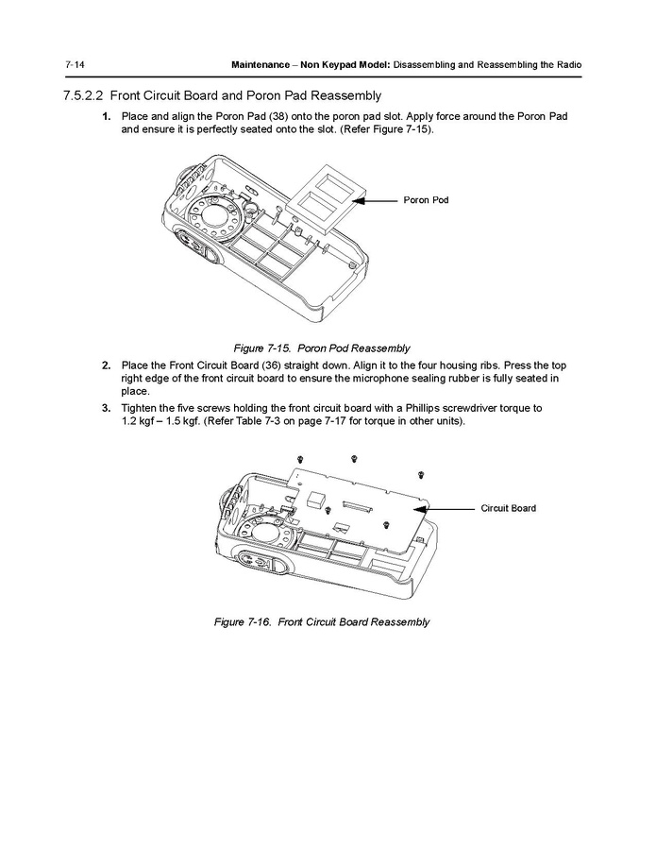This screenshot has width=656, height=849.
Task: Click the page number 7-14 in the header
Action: tap(76, 64)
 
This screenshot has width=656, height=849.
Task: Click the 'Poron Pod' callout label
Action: tap(426, 200)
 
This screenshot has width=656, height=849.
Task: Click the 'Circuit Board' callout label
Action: tap(508, 508)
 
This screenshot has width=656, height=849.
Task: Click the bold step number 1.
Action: tap(107, 116)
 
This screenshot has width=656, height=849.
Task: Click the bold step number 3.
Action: tap(107, 407)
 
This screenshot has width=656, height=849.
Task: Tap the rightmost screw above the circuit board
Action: tap(420, 472)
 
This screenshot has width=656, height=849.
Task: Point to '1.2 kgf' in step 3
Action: tap(141, 420)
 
